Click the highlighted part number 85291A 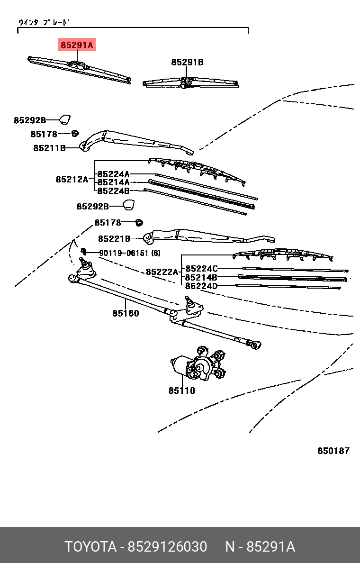click(77, 45)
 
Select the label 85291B click(187, 62)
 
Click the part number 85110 click(181, 390)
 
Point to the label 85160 click(126, 313)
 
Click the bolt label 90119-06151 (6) click(129, 253)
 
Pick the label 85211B click(49, 148)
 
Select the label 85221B click(114, 238)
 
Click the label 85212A click(72, 179)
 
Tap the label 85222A click(162, 272)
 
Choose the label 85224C click(201, 269)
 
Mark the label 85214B click(201, 277)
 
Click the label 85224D click(201, 286)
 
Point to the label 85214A click(113, 182)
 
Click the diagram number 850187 click(333, 451)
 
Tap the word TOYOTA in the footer click(90, 546)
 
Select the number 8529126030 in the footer click(167, 546)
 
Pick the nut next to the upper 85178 click(75, 133)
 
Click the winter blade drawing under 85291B click(191, 83)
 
